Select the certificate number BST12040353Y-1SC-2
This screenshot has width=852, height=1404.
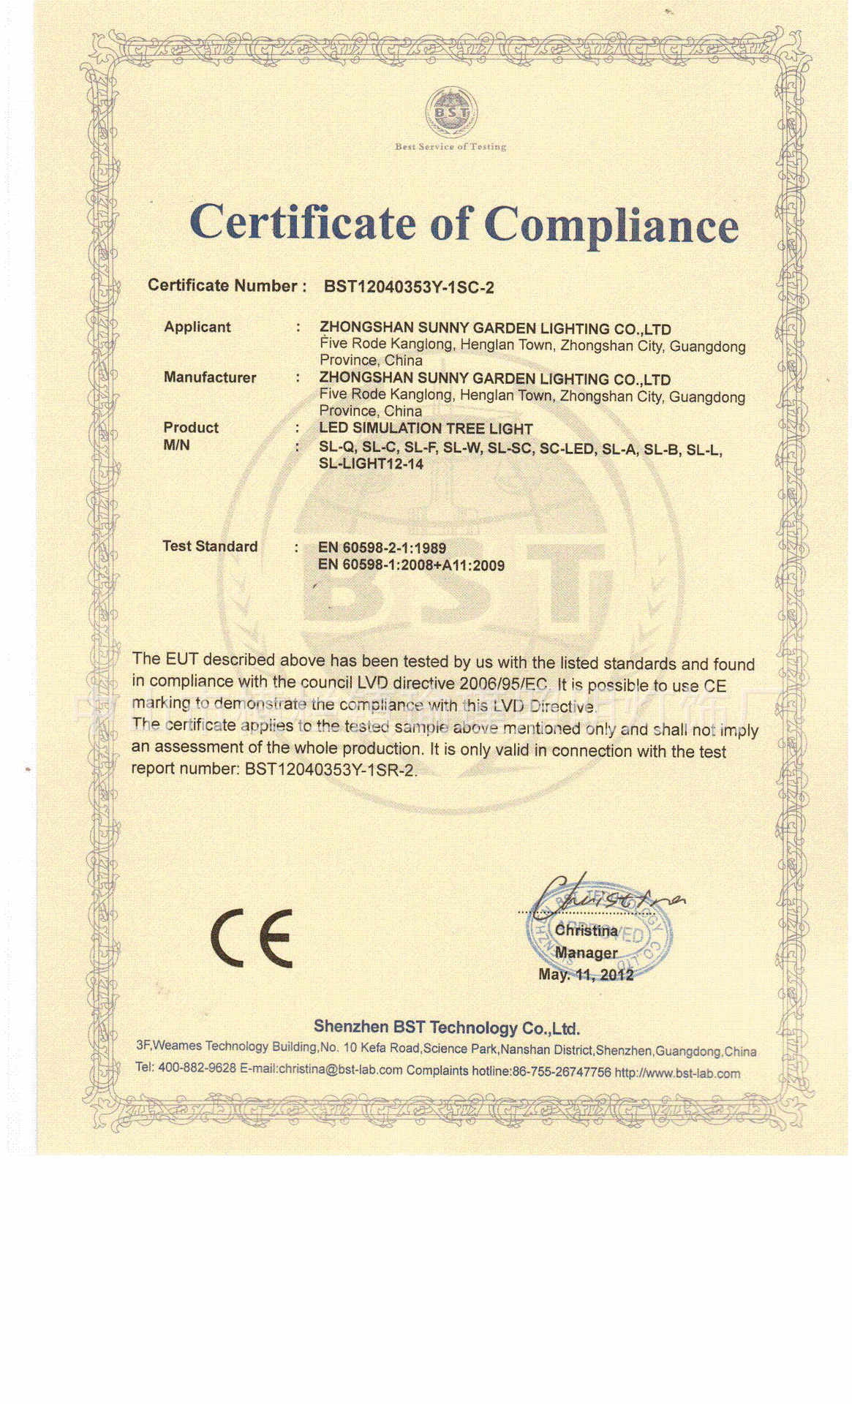point(409,287)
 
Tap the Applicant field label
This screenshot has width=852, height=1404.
point(197,327)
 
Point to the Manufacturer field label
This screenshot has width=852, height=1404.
point(210,377)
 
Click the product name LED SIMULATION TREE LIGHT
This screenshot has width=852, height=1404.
point(426,429)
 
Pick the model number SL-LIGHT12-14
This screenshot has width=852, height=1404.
point(371,464)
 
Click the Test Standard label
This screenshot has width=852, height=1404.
point(210,546)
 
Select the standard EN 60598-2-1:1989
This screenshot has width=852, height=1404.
point(382,548)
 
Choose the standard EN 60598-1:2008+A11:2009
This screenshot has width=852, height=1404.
point(411,565)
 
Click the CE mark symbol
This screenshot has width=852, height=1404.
point(252,938)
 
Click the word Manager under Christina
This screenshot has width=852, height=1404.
point(586,953)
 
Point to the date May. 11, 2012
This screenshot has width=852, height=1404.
point(586,974)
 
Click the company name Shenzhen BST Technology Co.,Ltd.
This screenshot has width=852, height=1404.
point(446,1027)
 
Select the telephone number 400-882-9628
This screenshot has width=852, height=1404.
point(197,1068)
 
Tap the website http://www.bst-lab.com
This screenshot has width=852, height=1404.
point(677,1073)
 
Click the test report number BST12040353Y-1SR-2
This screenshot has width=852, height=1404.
point(330,769)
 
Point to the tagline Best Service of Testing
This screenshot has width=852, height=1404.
point(450,146)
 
